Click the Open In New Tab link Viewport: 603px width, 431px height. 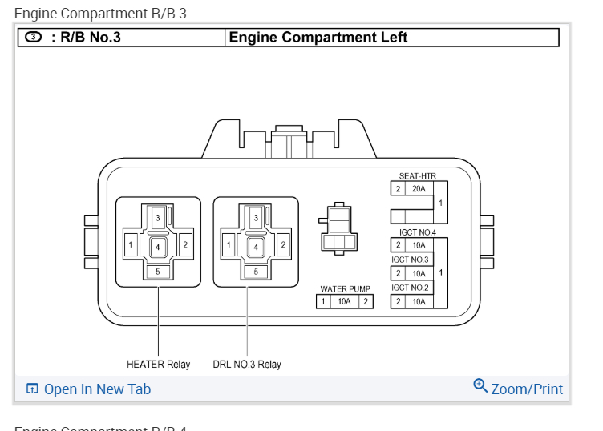(x=96, y=389)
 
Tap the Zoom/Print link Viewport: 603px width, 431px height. (x=526, y=389)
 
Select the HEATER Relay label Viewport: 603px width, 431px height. (x=158, y=365)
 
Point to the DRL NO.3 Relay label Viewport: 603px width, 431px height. (x=247, y=365)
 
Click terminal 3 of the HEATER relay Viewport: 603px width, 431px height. (x=158, y=218)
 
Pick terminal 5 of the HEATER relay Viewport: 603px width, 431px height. (x=158, y=272)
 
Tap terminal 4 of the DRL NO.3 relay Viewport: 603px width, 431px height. (x=256, y=247)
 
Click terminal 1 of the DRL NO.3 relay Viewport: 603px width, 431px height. (x=229, y=244)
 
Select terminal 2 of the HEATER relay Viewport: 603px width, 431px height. (x=185, y=244)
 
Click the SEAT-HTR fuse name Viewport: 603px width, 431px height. (x=417, y=176)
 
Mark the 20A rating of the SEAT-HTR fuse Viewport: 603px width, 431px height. (x=419, y=189)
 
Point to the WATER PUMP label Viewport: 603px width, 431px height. (x=345, y=289)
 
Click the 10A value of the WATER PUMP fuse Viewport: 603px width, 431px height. (x=345, y=302)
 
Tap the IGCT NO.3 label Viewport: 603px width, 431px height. (x=410, y=260)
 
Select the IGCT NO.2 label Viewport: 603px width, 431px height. (x=410, y=288)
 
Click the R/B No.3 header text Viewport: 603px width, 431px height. (x=86, y=37)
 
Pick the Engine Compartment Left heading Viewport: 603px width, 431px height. (x=318, y=38)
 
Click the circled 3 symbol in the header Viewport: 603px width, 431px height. (x=33, y=37)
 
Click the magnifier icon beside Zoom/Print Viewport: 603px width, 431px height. (x=480, y=385)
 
